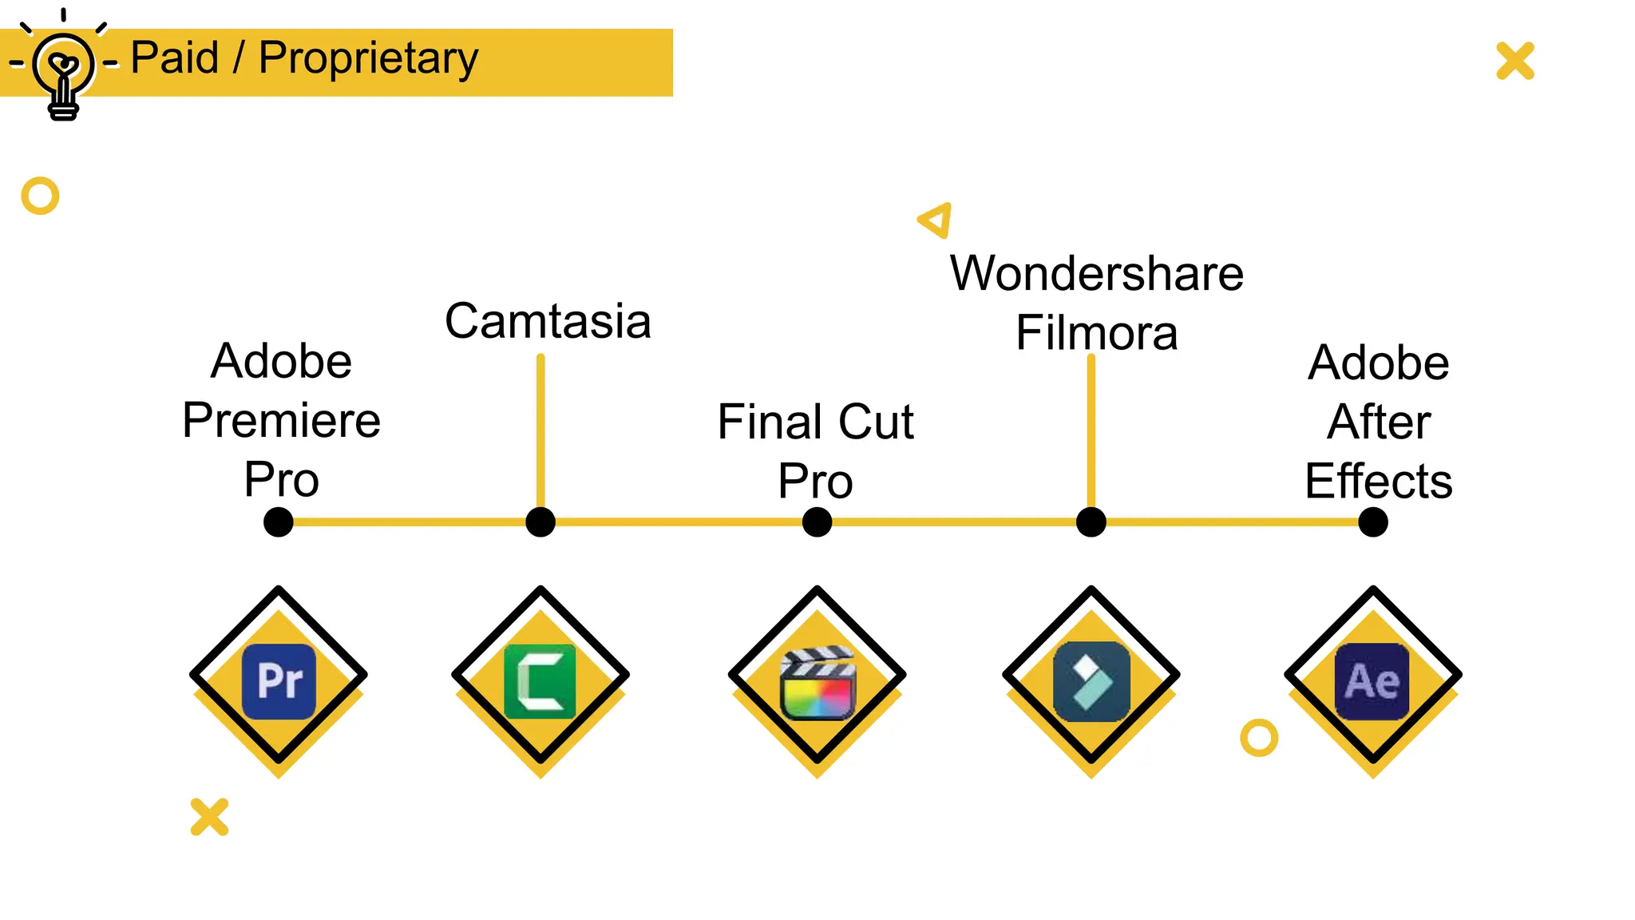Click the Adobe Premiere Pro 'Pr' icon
click(279, 681)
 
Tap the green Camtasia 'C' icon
click(540, 681)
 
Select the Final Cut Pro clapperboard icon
click(817, 684)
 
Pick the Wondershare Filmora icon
click(1091, 681)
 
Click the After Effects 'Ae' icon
click(1372, 681)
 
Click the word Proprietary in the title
click(368, 58)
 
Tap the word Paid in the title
click(174, 58)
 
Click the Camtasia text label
click(548, 321)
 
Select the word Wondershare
click(1096, 274)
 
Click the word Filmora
click(1096, 333)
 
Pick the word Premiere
click(281, 420)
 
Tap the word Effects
click(1378, 481)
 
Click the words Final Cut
click(815, 422)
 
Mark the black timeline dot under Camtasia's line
click(540, 522)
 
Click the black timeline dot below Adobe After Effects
click(1372, 522)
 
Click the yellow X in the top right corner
click(1514, 61)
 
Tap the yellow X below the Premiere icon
click(209, 816)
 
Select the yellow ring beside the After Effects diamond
click(1258, 737)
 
